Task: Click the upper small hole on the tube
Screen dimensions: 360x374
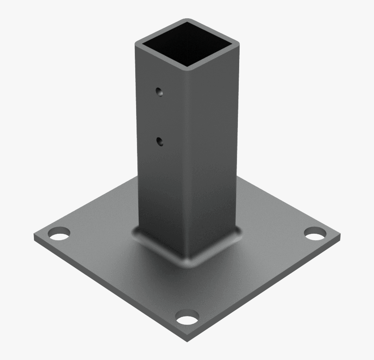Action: [160, 92]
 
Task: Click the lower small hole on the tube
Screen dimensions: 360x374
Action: [160, 141]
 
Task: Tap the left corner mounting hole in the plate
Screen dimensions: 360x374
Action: [58, 234]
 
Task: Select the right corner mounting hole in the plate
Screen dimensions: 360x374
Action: [315, 234]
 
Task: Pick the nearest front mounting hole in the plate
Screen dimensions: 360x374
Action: [187, 318]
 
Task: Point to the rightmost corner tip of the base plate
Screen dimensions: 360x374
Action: [340, 237]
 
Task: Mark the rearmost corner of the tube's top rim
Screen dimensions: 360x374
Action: [187, 20]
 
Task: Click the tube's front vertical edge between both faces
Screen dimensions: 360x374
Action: [188, 165]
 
